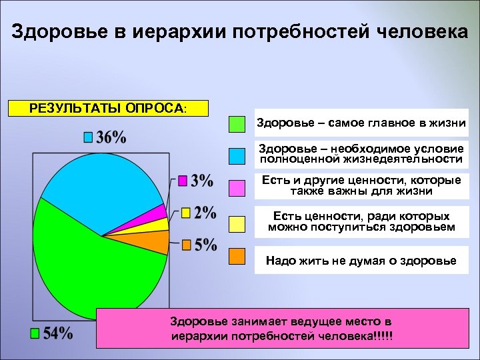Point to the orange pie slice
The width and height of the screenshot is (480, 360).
(157, 241)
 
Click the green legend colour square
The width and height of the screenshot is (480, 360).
(237, 124)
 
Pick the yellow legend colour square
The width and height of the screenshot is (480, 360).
(237, 224)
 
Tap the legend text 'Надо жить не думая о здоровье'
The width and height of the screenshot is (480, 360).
(361, 261)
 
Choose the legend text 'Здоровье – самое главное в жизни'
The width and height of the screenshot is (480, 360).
(361, 123)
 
